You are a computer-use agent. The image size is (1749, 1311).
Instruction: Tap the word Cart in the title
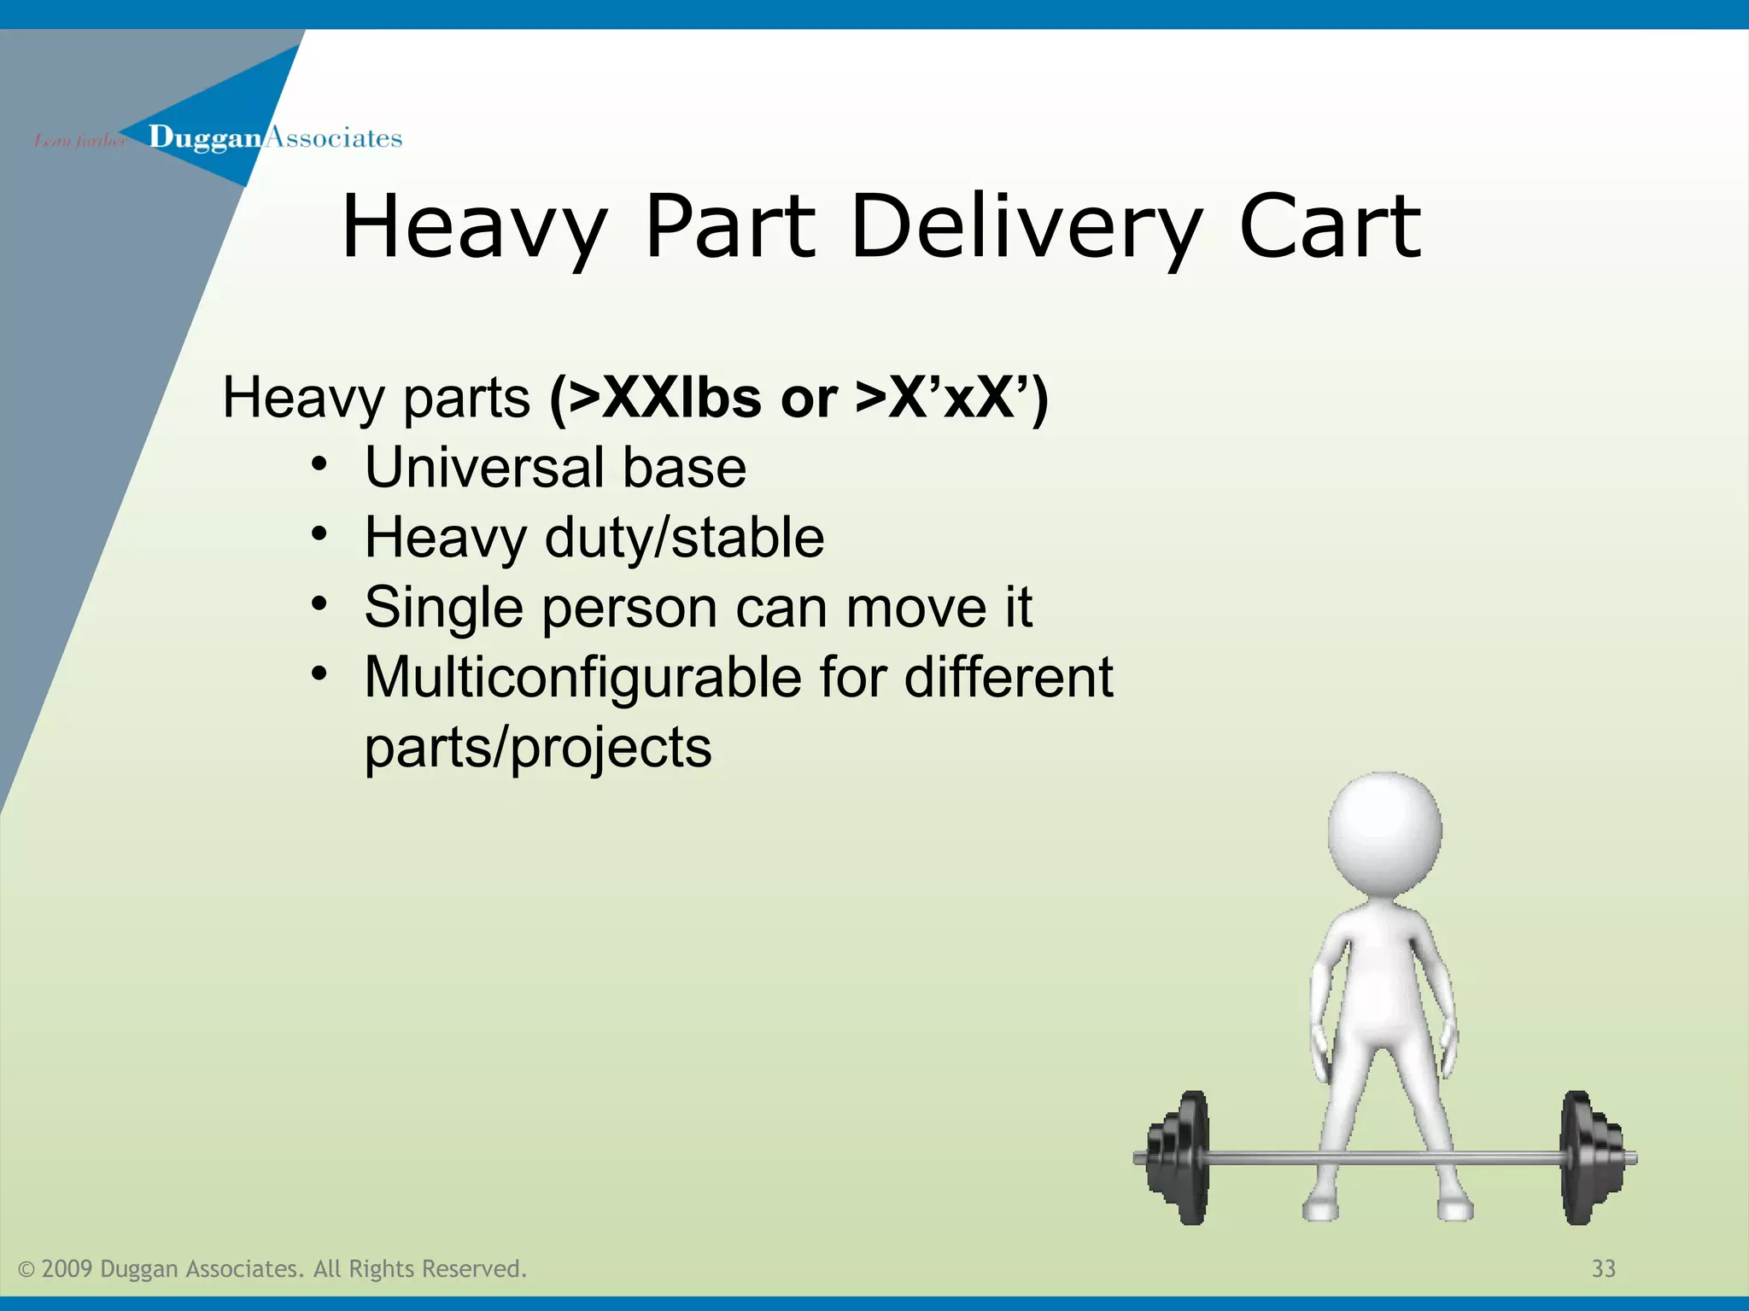click(1330, 226)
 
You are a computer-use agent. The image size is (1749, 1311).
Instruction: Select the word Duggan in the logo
click(204, 137)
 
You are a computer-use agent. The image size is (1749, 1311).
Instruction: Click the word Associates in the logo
click(333, 137)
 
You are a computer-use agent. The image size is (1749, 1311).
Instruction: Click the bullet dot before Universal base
click(319, 465)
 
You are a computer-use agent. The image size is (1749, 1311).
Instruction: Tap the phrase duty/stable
click(684, 538)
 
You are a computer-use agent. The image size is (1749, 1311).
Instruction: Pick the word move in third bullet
click(915, 608)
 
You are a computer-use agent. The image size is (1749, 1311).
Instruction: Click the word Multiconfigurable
click(583, 678)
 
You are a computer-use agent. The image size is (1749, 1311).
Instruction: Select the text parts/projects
click(537, 748)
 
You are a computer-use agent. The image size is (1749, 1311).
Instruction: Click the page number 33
click(1603, 1268)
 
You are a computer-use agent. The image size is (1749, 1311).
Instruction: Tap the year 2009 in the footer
click(66, 1268)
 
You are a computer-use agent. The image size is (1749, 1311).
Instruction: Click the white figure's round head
click(1384, 832)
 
